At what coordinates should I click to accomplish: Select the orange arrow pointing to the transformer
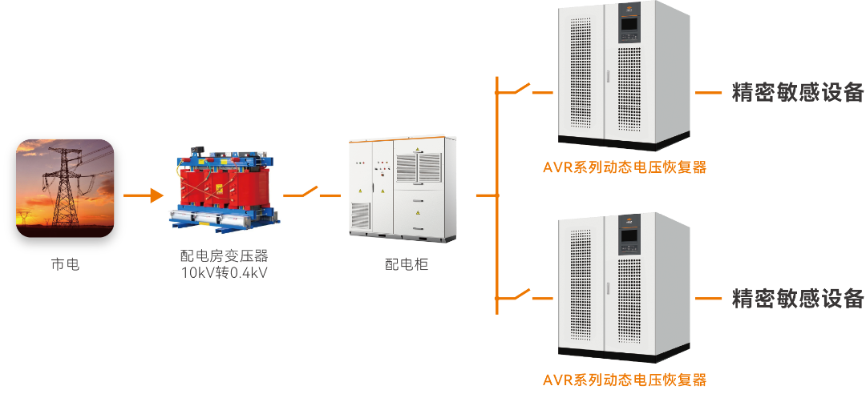[x=144, y=195]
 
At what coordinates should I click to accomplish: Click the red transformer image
[x=222, y=185]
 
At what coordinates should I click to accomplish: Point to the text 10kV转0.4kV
[x=224, y=271]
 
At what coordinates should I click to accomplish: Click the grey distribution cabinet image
[x=396, y=189]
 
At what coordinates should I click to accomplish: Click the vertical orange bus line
[x=498, y=195]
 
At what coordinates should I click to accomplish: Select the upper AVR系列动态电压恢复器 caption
[x=625, y=168]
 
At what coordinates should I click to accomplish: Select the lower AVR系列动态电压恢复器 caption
[x=625, y=380]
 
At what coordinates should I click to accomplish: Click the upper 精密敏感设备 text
[x=798, y=92]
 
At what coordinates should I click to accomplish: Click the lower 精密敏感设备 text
[x=798, y=299]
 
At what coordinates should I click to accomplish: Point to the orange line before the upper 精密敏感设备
[x=708, y=93]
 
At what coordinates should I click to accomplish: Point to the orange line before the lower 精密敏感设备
[x=708, y=299]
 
